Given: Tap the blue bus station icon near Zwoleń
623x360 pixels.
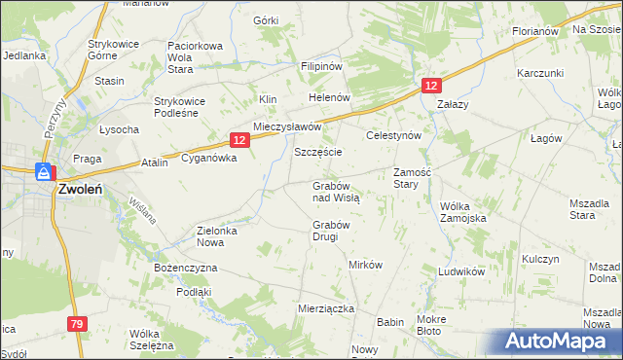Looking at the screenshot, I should (x=44, y=173).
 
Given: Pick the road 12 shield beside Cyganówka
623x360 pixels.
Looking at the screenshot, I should (x=240, y=140).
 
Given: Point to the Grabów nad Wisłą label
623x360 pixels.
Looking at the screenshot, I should (x=337, y=191).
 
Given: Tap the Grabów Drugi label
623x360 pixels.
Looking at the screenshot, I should (x=331, y=232).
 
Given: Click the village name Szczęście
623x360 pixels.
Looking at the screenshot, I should (x=318, y=154).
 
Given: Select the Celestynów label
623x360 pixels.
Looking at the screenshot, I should (x=392, y=136).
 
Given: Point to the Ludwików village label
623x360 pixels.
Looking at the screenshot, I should (x=461, y=272).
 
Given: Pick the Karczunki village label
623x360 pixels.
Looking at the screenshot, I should (x=541, y=73).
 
